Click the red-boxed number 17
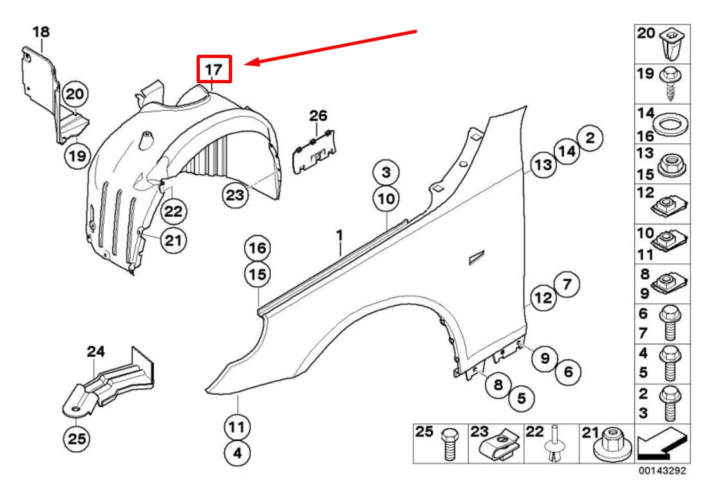pos(213,68)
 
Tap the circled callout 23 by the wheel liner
pos(236,194)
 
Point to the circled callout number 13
pos(543,165)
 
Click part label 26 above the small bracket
pos(318,116)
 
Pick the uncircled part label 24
pos(95,352)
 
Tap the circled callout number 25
pos(77,439)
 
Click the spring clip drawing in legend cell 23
pos(505,446)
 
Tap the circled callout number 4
pos(237,453)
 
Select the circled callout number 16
pos(257,248)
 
